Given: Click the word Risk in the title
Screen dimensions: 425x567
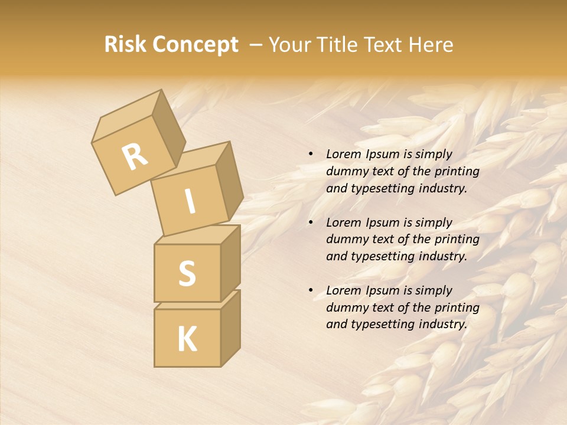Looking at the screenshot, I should click(x=125, y=45).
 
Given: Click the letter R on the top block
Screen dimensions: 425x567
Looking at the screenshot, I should click(x=135, y=157).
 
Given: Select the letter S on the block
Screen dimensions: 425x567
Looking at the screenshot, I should click(x=187, y=273).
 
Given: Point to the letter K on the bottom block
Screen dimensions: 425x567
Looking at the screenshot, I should click(x=187, y=339).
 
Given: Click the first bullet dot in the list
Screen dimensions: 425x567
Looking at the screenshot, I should click(x=311, y=155).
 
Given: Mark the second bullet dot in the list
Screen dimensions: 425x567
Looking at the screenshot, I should click(x=311, y=223).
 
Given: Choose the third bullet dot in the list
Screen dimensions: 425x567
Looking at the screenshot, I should click(x=311, y=290).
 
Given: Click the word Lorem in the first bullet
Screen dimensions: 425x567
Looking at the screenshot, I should click(x=342, y=154).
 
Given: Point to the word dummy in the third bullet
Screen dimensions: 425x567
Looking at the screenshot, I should click(x=344, y=308).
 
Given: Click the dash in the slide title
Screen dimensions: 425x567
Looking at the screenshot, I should click(x=256, y=45).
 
